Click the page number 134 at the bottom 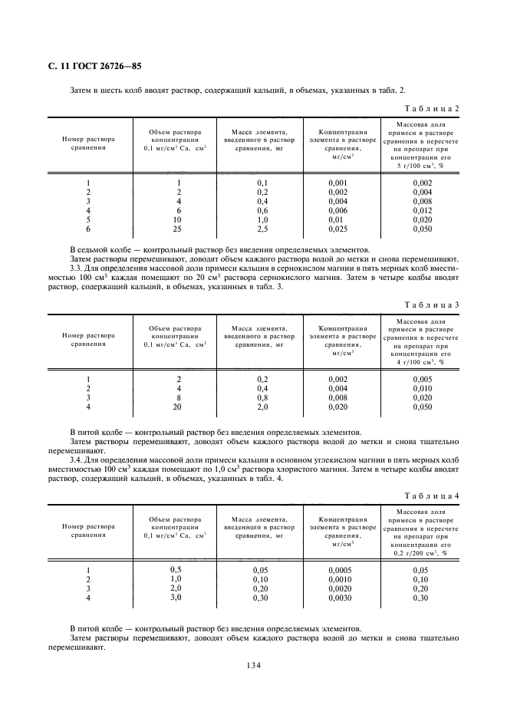coord(253,665)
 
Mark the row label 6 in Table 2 coord(88,229)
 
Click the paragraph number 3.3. coord(76,268)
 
